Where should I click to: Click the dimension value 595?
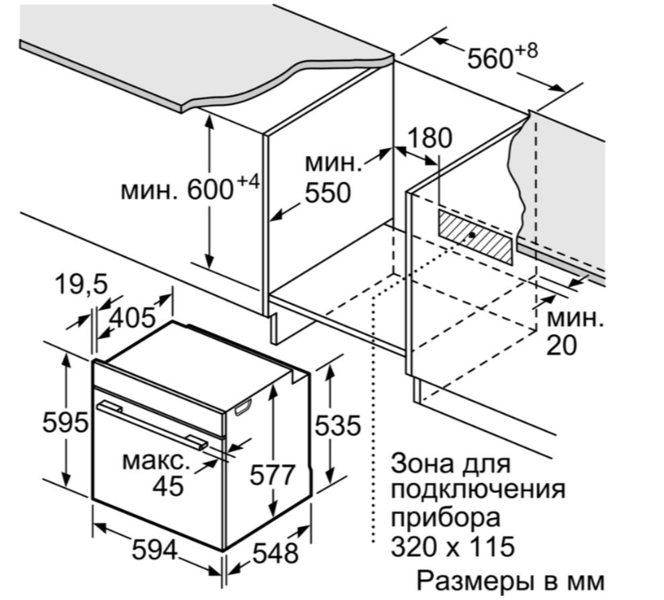pyautogui.click(x=65, y=423)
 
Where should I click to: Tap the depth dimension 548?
pyautogui.click(x=274, y=552)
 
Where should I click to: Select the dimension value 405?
pyautogui.click(x=131, y=318)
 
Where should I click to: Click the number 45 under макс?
pyautogui.click(x=168, y=485)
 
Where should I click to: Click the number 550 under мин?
pyautogui.click(x=327, y=192)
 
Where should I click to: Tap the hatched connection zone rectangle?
pyautogui.click(x=475, y=236)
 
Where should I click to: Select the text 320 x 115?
pyautogui.click(x=451, y=547)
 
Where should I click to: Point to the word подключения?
pyautogui.click(x=478, y=489)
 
